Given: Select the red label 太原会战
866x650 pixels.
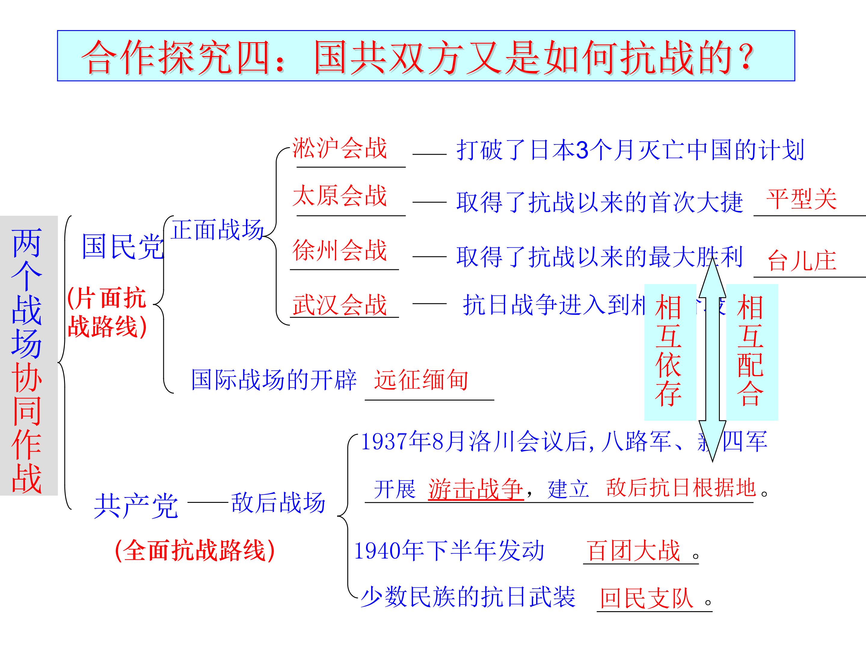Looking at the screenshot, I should tap(339, 196).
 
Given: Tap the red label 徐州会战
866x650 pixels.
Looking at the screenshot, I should tap(339, 250).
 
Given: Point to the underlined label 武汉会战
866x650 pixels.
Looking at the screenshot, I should tap(339, 305).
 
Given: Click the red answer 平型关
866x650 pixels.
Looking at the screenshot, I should tap(801, 200).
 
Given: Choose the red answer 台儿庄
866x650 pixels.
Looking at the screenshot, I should tap(801, 261).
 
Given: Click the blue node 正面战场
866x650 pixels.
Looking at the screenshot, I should tap(217, 230).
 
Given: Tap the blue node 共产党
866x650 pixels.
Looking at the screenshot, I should tap(136, 506).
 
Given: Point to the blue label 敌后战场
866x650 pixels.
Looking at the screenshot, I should tap(278, 503).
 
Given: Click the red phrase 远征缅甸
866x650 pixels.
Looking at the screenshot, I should tap(421, 380).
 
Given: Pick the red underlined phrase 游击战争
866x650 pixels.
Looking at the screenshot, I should tap(476, 489).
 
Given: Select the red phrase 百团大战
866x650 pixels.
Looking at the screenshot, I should tap(634, 550).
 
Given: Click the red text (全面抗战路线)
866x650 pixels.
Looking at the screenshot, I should tap(195, 550).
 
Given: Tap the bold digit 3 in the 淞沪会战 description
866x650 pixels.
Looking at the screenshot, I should tap(582, 150).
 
